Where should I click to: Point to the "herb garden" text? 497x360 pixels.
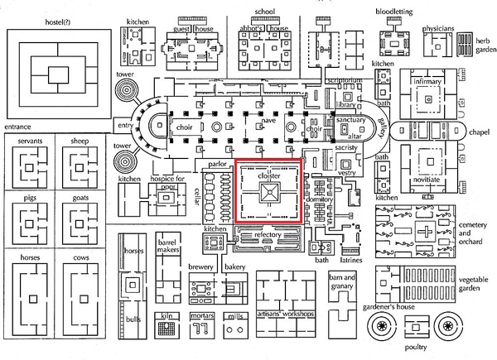click(485, 44)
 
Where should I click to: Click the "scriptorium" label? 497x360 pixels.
click(345, 81)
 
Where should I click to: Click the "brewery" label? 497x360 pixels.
click(203, 267)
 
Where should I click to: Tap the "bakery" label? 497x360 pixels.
click(235, 267)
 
